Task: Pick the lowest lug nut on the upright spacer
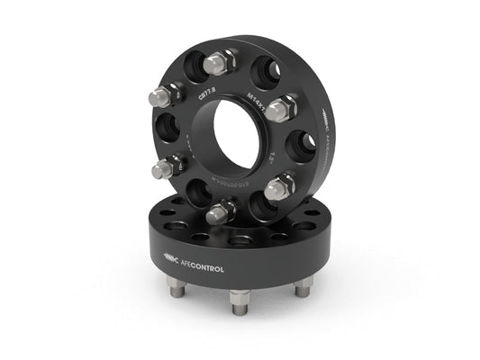click(x=222, y=211)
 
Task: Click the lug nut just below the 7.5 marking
click(x=281, y=185)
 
